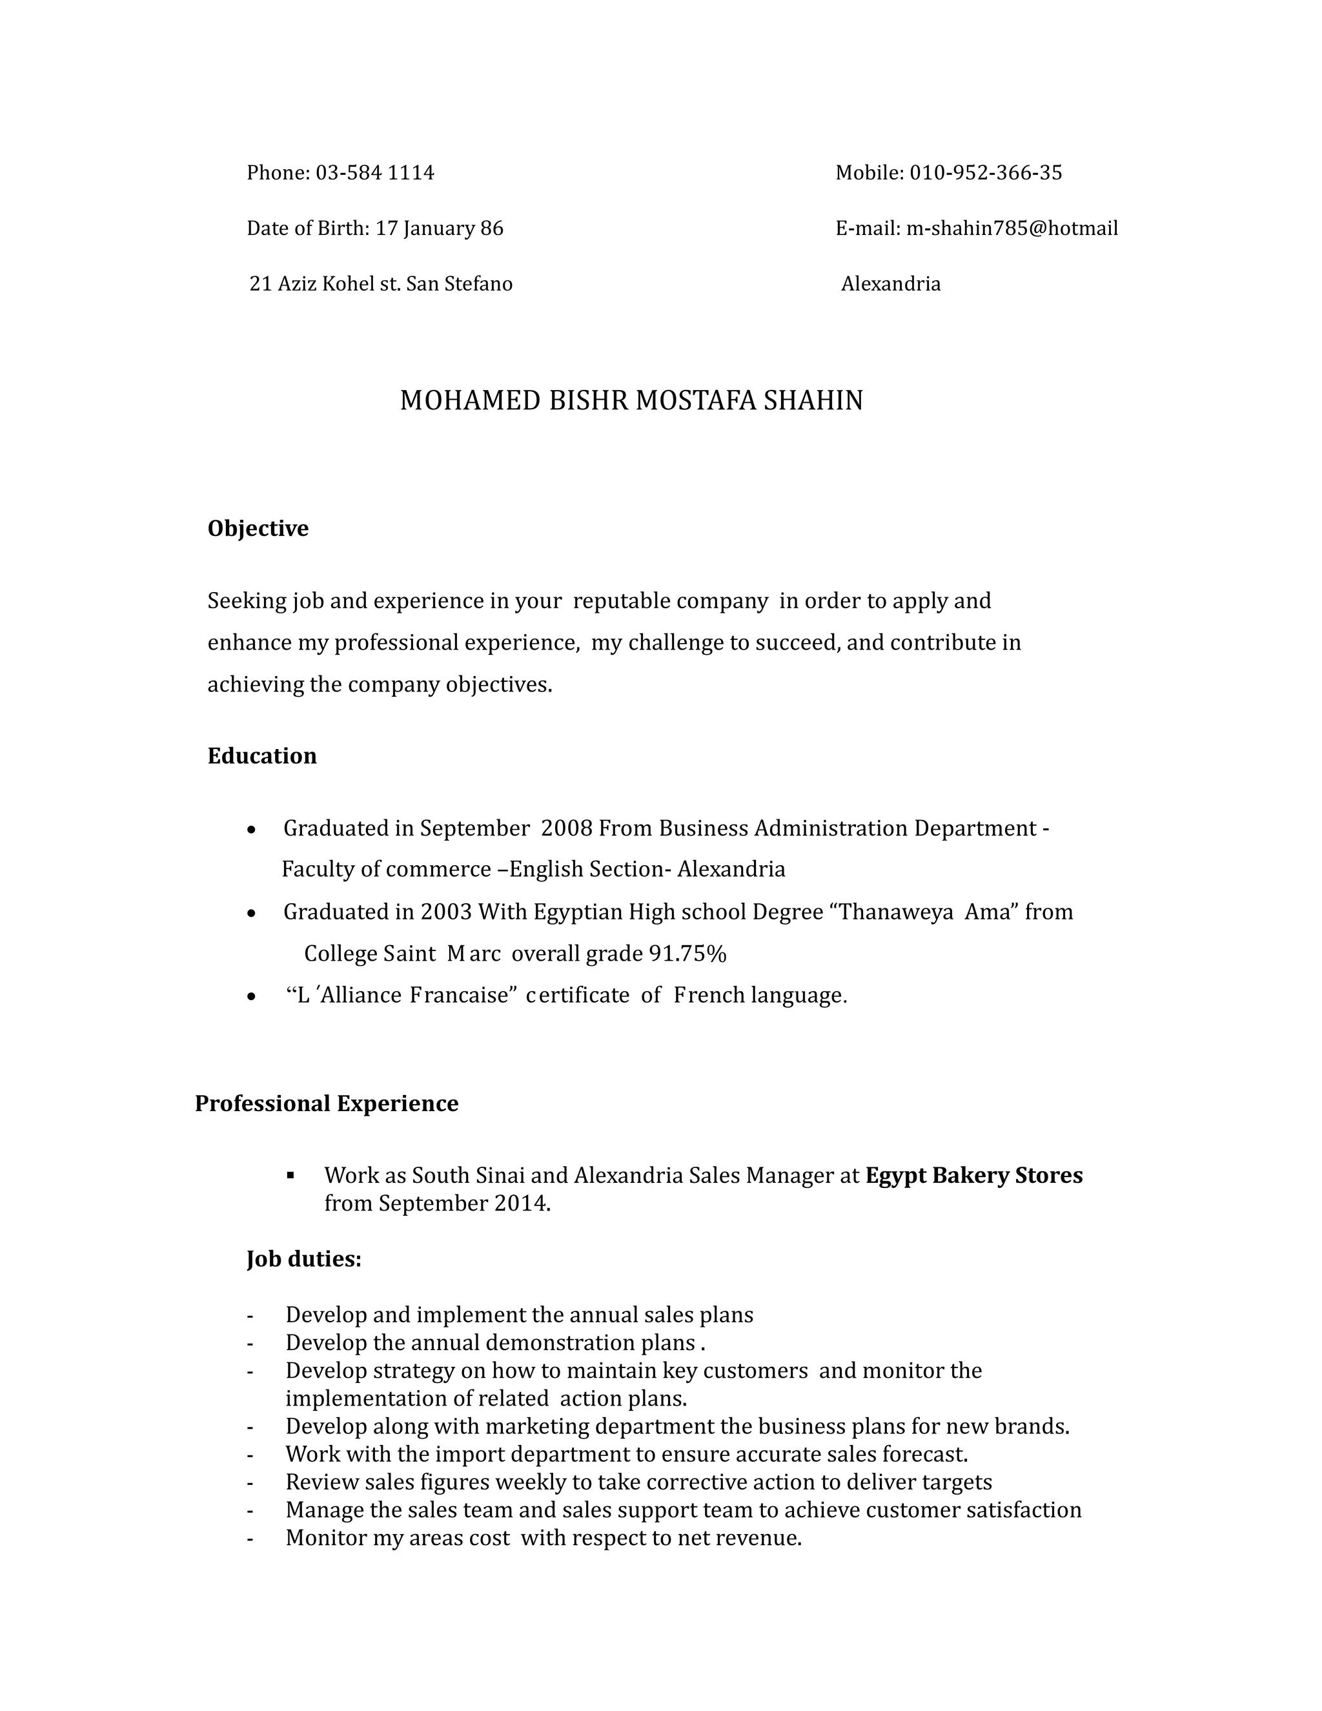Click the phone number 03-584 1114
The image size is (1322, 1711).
click(x=374, y=172)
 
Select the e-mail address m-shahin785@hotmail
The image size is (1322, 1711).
click(x=1012, y=228)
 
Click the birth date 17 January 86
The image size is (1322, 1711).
click(x=440, y=228)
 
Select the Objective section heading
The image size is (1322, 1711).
click(x=258, y=529)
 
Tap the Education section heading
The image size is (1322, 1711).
click(x=261, y=756)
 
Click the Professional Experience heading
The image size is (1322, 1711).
click(x=327, y=1104)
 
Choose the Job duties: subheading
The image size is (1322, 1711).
click(x=304, y=1259)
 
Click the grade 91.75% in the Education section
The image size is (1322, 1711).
click(x=687, y=954)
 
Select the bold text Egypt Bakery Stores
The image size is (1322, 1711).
click(x=973, y=1175)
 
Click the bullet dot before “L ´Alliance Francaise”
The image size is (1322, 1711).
click(x=250, y=996)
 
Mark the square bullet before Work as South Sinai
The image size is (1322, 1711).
click(x=290, y=1174)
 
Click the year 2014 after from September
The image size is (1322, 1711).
click(x=522, y=1204)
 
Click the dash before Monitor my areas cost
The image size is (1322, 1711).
click(x=250, y=1539)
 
